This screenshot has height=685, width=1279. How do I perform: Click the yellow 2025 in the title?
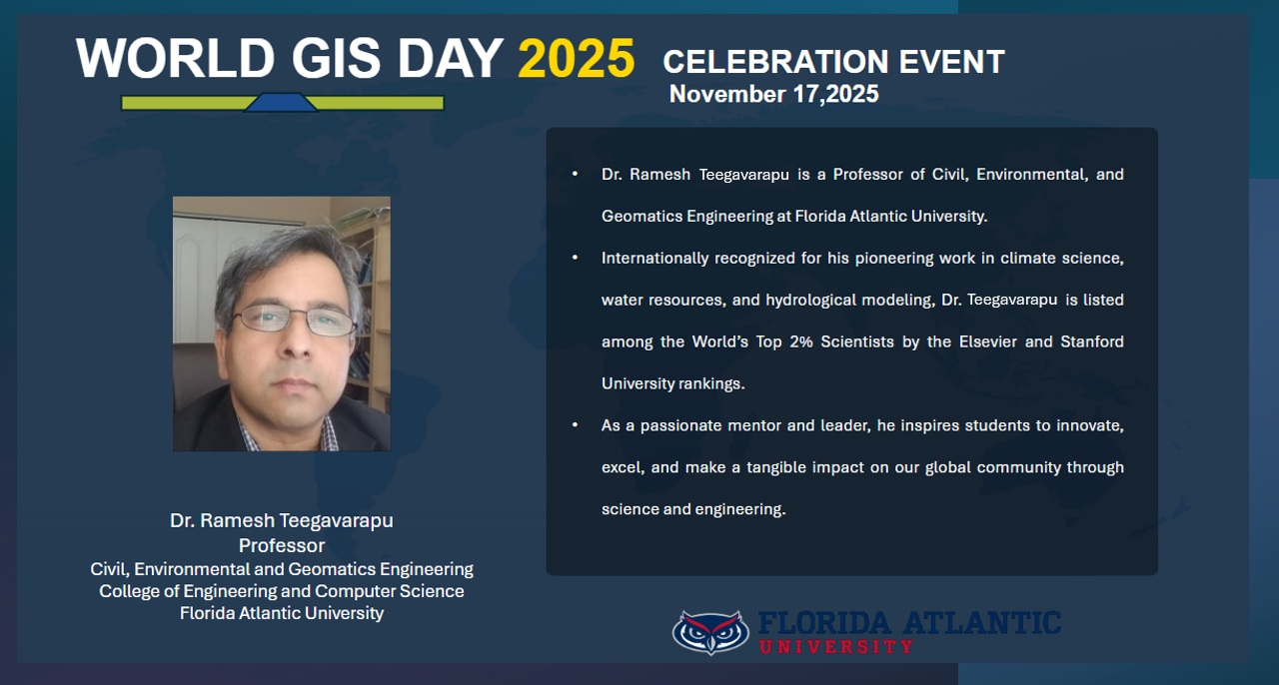tap(576, 58)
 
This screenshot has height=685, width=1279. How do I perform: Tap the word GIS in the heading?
tap(336, 58)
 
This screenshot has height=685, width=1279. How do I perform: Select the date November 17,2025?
tap(773, 94)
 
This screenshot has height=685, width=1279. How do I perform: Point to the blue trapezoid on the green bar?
tap(281, 102)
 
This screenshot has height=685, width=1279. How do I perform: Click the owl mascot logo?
tap(710, 632)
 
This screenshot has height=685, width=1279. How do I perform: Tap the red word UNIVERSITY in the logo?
tap(836, 647)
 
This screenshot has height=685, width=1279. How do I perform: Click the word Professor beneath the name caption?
tap(282, 546)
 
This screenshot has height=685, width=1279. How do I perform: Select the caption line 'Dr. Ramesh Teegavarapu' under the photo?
tap(282, 520)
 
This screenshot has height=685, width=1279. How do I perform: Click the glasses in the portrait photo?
tap(295, 321)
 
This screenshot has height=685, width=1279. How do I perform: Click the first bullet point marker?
tap(575, 174)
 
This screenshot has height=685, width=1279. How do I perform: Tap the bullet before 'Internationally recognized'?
tap(575, 258)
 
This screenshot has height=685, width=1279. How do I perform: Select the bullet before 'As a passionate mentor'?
tap(575, 424)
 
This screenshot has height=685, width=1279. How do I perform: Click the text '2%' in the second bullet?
tap(801, 342)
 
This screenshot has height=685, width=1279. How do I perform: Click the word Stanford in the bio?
tap(1092, 342)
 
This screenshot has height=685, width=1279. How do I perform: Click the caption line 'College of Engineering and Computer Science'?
tap(282, 591)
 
